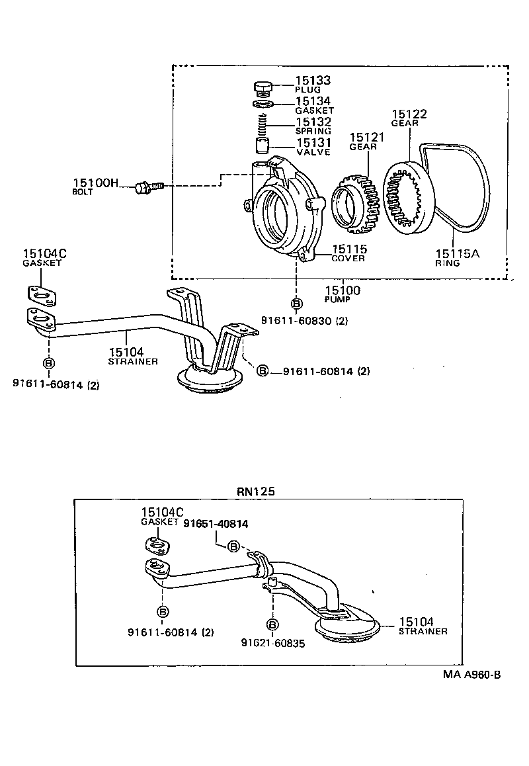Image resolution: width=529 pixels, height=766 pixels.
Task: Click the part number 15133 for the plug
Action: pyautogui.click(x=313, y=81)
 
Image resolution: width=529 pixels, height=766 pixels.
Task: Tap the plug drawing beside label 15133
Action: pyautogui.click(x=264, y=87)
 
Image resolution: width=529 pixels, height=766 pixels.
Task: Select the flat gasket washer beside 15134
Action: pyautogui.click(x=264, y=105)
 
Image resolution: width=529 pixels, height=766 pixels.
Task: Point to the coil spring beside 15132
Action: pyautogui.click(x=263, y=123)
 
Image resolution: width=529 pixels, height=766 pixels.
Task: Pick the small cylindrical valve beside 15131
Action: pyautogui.click(x=263, y=145)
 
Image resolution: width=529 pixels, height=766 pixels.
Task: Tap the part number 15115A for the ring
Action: pyautogui.click(x=457, y=253)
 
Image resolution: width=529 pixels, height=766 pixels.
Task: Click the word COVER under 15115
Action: pyautogui.click(x=348, y=259)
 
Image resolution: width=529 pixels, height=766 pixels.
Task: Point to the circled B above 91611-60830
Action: pyautogui.click(x=296, y=304)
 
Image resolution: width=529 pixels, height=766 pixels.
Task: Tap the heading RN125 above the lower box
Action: pyautogui.click(x=255, y=491)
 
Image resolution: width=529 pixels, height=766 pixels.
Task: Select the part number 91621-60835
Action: pyautogui.click(x=272, y=642)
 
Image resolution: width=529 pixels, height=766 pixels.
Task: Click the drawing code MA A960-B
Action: pyautogui.click(x=472, y=675)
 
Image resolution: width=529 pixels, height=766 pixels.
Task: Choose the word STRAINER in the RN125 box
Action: pyautogui.click(x=423, y=632)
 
